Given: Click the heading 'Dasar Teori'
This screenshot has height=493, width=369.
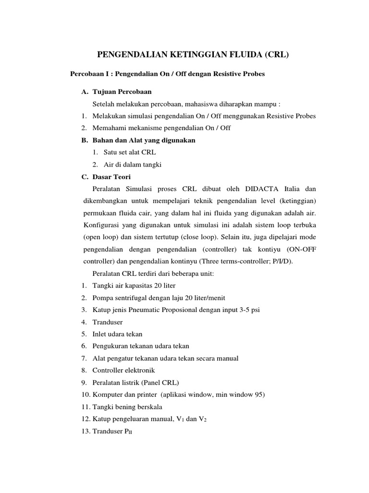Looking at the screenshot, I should click(x=112, y=177).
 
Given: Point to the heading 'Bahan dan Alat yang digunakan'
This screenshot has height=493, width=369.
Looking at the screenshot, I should click(x=144, y=140).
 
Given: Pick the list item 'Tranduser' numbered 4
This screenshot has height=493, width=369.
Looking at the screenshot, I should click(x=108, y=322).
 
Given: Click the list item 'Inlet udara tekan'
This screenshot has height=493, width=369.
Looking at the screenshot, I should click(x=117, y=334).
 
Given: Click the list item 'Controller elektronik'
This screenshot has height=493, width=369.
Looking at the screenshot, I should click(x=124, y=370).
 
